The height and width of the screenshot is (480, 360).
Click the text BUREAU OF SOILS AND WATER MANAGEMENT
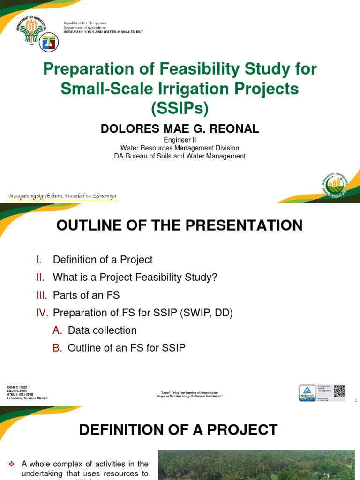(103, 32)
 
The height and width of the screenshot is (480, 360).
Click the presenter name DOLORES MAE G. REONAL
(180, 129)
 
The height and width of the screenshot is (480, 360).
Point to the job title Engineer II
(180, 140)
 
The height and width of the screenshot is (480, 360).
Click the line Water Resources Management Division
(180, 148)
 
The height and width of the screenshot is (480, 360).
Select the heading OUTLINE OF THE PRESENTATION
(180, 225)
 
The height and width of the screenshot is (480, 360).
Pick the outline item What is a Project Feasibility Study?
(135, 277)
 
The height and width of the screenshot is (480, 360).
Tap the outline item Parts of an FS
(86, 295)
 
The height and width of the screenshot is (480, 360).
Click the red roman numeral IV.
(43, 313)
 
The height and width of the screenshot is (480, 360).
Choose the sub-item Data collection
(102, 330)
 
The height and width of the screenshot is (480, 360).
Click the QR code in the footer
(339, 390)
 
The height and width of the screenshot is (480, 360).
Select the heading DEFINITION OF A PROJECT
(180, 429)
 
